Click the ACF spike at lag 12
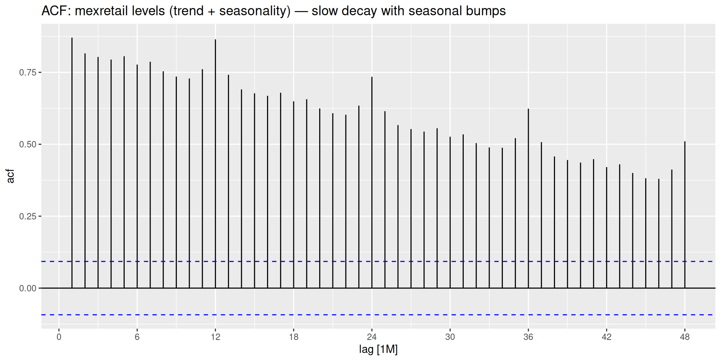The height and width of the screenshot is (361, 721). coord(215,164)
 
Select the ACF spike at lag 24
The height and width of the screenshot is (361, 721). coord(372,183)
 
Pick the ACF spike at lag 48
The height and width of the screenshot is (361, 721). coord(685,215)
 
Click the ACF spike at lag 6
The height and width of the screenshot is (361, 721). coord(137,176)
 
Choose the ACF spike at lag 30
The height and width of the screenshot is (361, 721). coord(450,212)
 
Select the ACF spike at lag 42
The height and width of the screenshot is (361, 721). coord(606,228)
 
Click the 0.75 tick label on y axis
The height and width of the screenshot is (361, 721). coord(27,73)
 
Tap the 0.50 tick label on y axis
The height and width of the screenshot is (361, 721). coord(27,144)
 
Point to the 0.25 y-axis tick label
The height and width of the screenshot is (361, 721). coord(27,217)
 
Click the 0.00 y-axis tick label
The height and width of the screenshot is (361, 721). coord(27,288)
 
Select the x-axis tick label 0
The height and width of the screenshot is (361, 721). coord(59,337)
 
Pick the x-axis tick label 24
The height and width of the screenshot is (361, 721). coord(372,337)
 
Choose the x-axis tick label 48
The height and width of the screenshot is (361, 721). coord(685,337)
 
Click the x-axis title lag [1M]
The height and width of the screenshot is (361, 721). coord(378,349)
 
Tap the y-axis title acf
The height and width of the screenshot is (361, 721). coord(10,176)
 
